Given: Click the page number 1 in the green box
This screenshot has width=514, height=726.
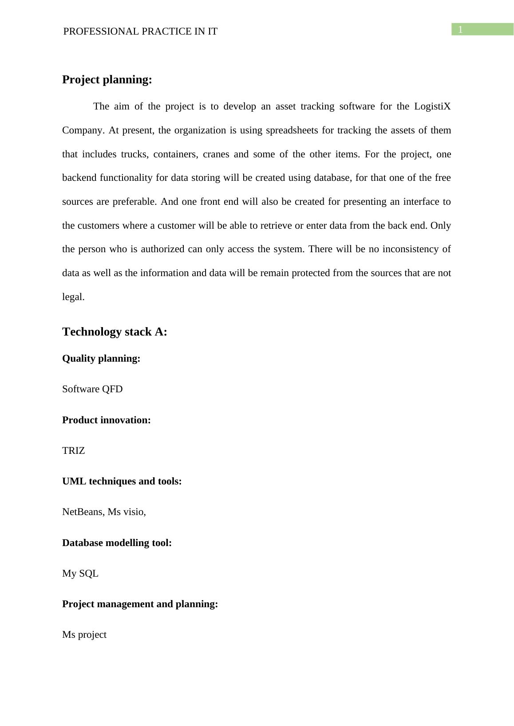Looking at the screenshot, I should (460, 30).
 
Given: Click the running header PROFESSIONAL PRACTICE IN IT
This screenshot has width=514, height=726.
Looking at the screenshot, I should (140, 31).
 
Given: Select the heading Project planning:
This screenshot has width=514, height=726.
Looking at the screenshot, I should (107, 80).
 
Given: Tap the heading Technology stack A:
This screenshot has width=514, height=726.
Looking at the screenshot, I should (115, 332).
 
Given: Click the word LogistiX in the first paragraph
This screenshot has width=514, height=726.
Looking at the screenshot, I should (432, 106).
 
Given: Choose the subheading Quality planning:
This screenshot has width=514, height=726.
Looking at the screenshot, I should (101, 359).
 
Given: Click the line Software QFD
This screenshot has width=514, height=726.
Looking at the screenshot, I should (92, 389).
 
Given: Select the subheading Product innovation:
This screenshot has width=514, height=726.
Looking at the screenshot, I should (107, 420).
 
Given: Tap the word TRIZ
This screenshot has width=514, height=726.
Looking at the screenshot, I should (73, 451).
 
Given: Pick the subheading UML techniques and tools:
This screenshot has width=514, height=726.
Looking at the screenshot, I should (122, 481).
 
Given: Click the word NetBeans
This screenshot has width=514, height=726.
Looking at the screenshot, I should (83, 512).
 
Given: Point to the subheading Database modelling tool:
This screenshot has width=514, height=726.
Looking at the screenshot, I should (117, 543).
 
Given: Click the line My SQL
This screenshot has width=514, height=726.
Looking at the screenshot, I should (80, 574).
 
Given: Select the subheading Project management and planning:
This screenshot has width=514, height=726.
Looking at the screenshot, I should (140, 604).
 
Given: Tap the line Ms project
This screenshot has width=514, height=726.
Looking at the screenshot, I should (84, 635).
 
